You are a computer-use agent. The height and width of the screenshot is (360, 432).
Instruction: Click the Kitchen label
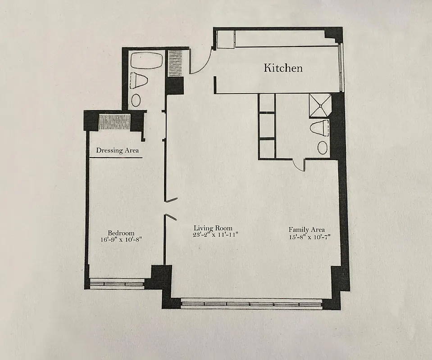coord(283,68)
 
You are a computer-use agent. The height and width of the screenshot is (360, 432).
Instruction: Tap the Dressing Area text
coord(117,150)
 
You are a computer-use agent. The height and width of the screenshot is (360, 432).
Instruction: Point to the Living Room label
coord(213,228)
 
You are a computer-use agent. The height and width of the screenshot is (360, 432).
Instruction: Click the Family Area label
coord(307,229)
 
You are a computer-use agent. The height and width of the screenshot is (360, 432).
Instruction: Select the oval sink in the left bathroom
coord(136,100)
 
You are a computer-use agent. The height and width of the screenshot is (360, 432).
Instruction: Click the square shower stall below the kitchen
coord(319,105)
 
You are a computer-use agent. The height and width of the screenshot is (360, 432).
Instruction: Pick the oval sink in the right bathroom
coord(323,147)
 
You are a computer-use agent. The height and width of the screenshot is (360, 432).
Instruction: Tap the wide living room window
coord(251,304)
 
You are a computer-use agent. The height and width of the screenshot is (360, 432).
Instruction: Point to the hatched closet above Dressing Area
coord(114,122)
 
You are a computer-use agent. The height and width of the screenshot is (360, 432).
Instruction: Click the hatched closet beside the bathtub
coord(175,63)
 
